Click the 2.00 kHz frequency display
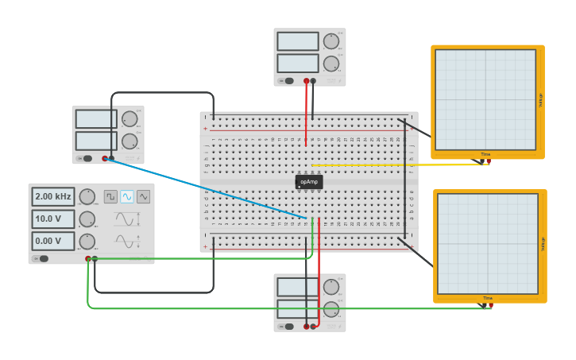click(x=53, y=196)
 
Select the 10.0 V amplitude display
click(x=53, y=219)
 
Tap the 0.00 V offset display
click(x=53, y=241)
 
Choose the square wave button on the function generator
click(x=110, y=196)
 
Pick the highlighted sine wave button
click(x=127, y=196)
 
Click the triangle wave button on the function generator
click(x=144, y=196)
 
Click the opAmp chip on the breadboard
click(x=309, y=182)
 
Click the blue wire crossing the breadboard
click(x=207, y=188)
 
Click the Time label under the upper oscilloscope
click(x=485, y=154)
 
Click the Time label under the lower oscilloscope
click(x=487, y=298)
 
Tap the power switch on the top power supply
click(x=289, y=80)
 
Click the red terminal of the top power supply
click(x=306, y=81)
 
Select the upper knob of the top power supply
click(x=331, y=41)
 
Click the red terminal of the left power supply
click(x=104, y=159)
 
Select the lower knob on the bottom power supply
click(x=331, y=309)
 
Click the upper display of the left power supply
click(x=96, y=119)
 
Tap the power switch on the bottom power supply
click(x=289, y=326)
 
